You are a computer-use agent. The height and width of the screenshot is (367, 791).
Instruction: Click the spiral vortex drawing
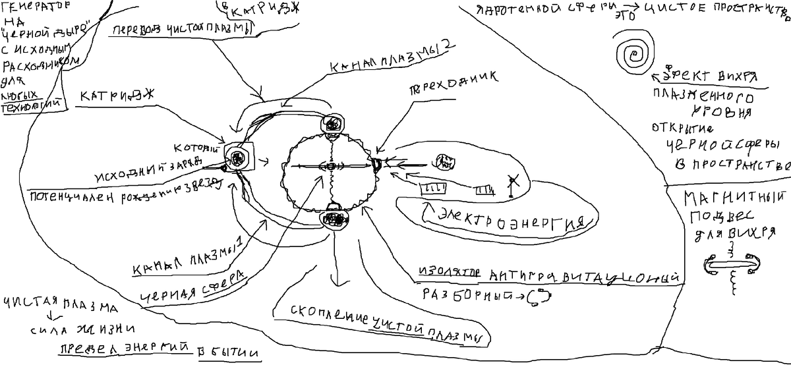coord(635,51)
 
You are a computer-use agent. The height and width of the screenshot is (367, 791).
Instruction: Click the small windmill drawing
coord(513,184)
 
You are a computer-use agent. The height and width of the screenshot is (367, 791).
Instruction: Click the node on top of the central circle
coord(332,123)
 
